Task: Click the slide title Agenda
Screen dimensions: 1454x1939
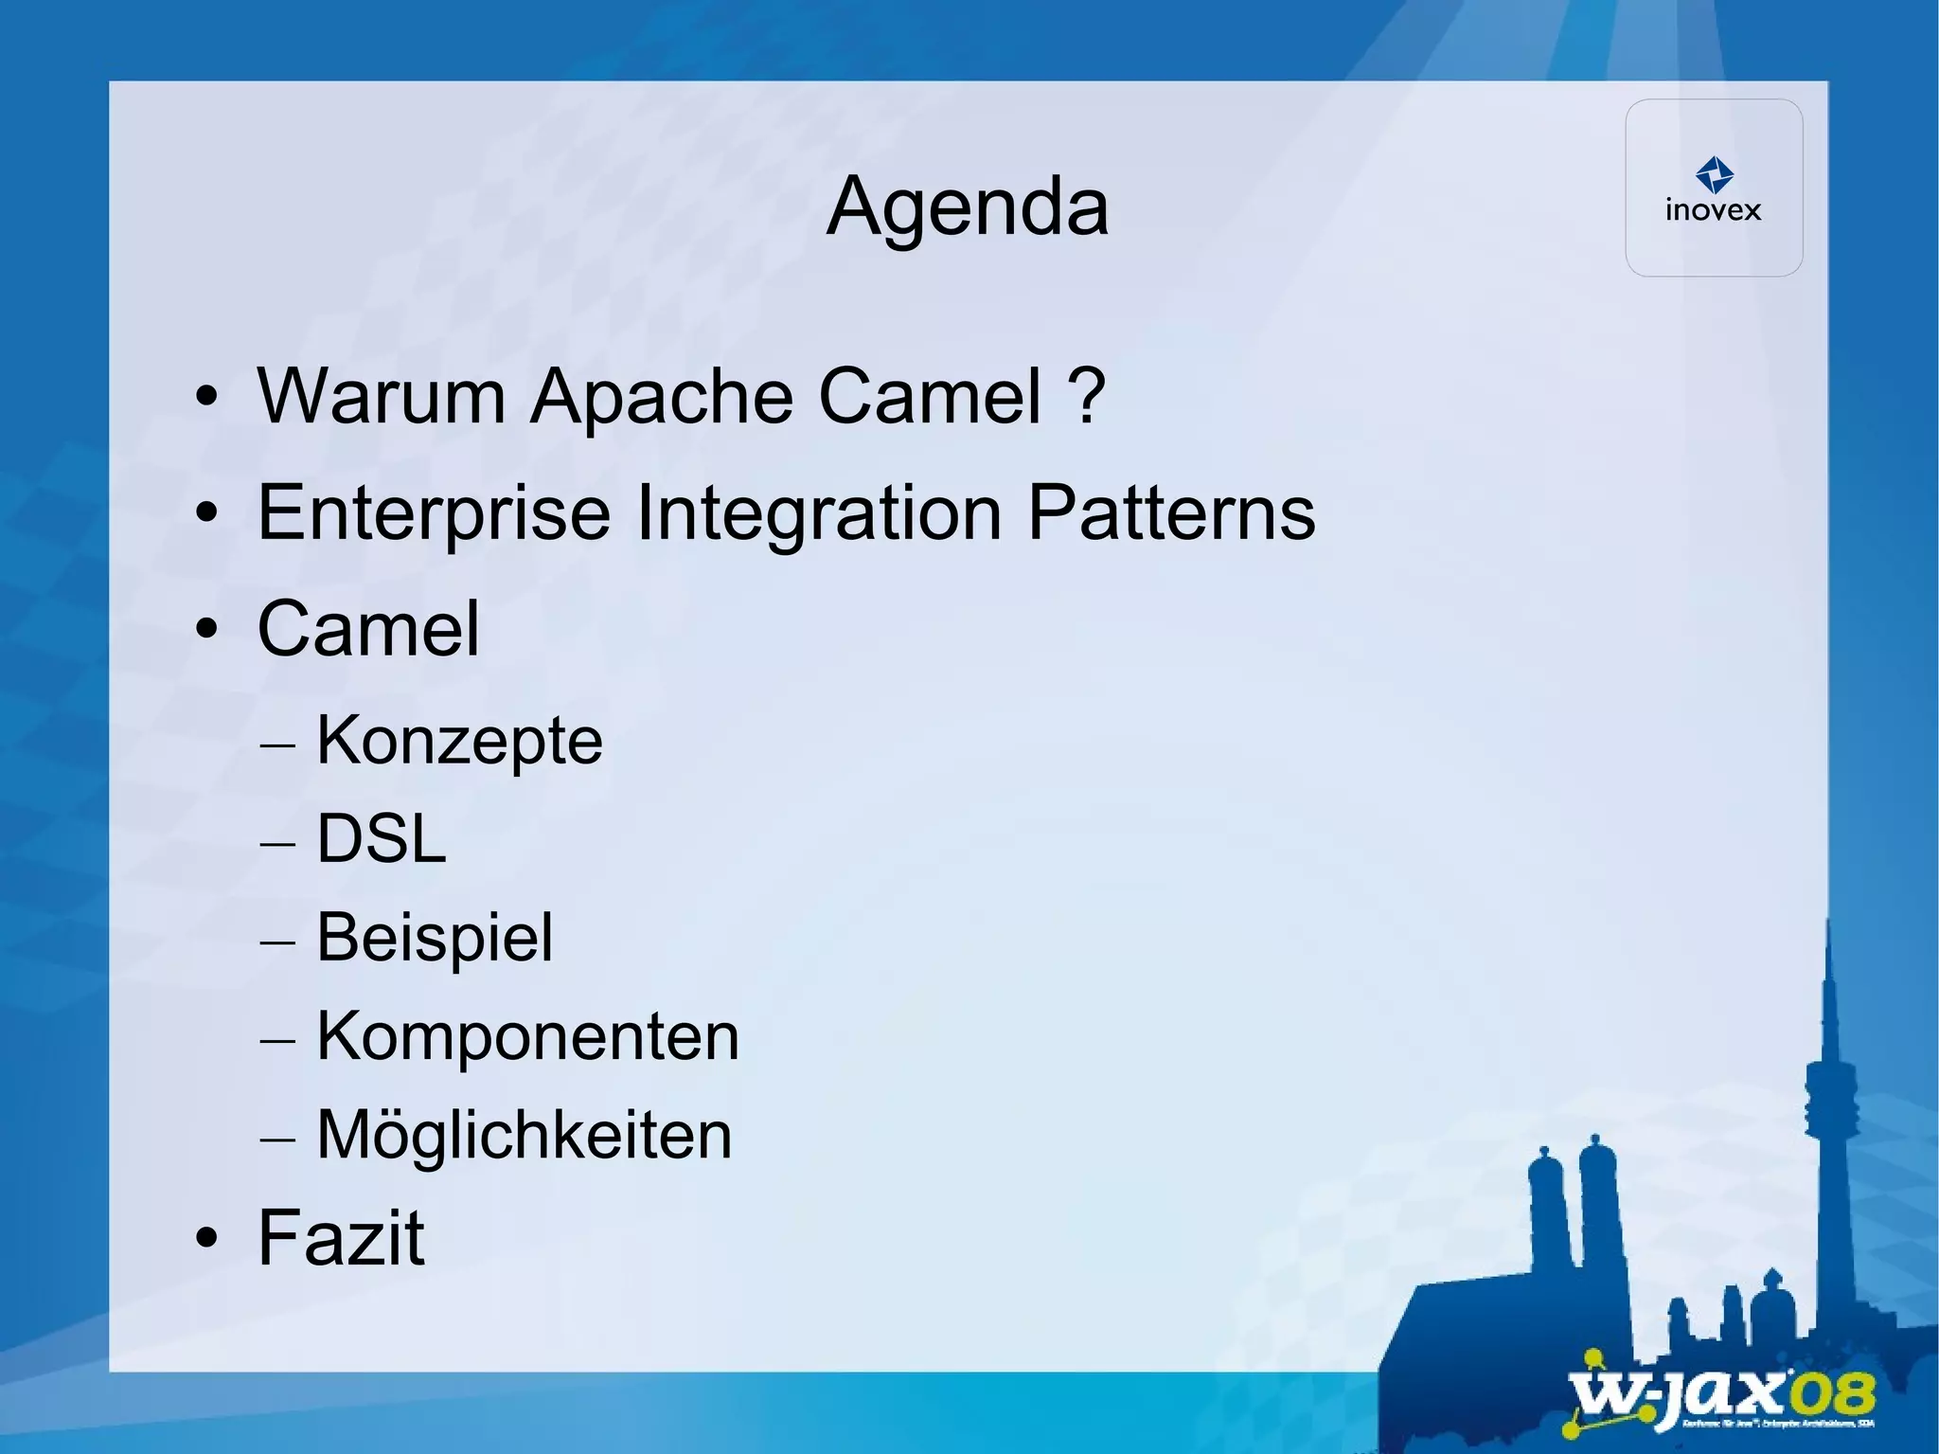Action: click(967, 207)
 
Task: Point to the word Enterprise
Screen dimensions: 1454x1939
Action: click(434, 513)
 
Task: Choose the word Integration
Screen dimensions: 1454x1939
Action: click(819, 513)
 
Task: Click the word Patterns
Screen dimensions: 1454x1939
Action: click(1171, 513)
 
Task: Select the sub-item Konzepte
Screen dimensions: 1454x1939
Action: click(459, 741)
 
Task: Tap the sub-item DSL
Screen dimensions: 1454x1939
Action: click(381, 839)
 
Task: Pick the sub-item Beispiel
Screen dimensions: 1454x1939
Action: click(435, 938)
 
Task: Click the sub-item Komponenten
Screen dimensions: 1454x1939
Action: click(527, 1036)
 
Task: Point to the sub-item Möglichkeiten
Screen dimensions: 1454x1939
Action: click(525, 1135)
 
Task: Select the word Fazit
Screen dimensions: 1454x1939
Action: click(341, 1237)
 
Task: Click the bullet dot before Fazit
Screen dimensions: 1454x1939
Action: click(206, 1238)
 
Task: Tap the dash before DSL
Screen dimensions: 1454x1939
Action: click(276, 842)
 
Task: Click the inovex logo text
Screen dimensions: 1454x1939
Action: click(1713, 210)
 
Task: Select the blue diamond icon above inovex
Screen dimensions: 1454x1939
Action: click(1714, 174)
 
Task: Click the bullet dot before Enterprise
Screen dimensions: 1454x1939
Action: click(206, 514)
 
